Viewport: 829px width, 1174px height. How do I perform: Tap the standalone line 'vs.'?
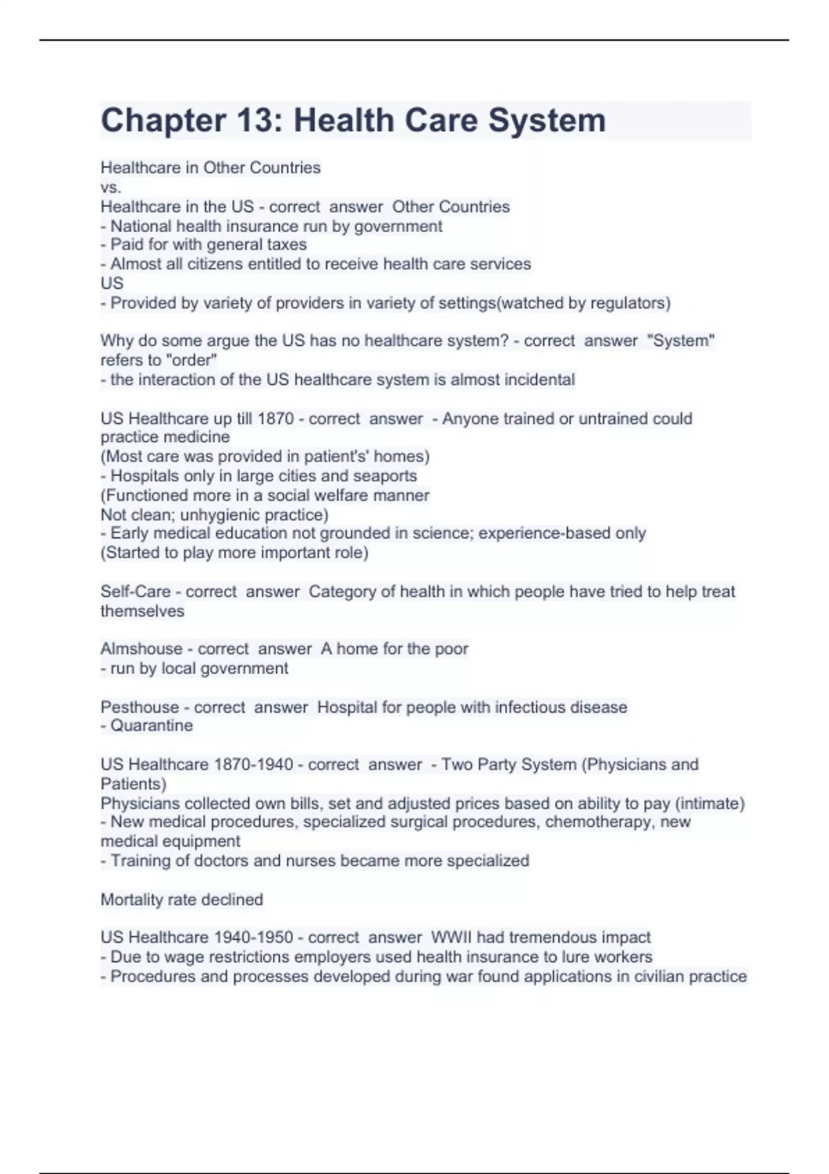pos(111,187)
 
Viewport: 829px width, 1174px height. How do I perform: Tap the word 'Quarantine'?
pos(151,725)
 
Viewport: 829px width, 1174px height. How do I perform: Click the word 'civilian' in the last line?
pos(660,976)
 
